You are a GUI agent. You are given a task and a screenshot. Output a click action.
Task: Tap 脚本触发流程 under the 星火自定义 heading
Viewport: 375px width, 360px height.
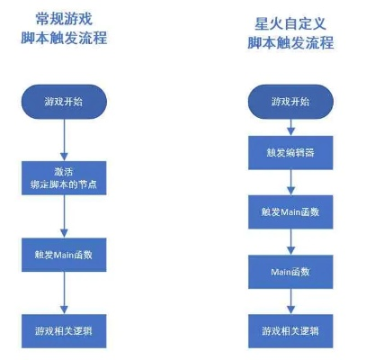coord(290,42)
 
